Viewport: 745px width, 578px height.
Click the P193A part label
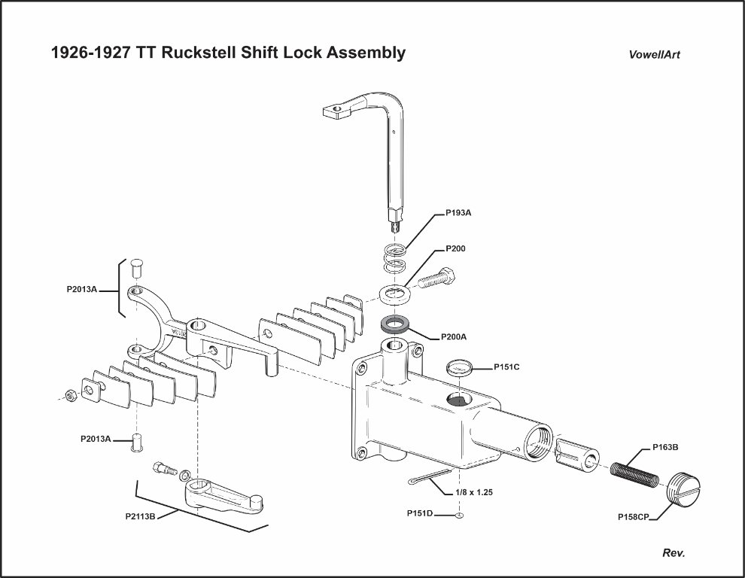point(458,213)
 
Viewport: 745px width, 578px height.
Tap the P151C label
point(508,367)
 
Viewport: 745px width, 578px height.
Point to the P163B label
point(664,447)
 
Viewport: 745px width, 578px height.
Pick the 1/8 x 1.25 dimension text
point(477,493)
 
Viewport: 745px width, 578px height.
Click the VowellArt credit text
point(654,55)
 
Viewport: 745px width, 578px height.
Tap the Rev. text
point(674,553)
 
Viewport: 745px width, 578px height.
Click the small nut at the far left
point(68,394)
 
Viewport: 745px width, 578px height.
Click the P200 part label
point(456,248)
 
